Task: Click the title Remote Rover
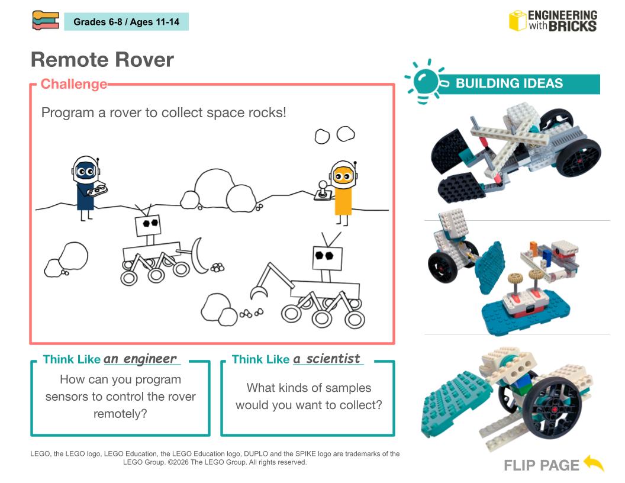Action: click(102, 60)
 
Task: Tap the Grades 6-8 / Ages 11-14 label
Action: click(126, 22)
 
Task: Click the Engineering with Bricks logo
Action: click(553, 21)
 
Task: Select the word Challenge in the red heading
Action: click(74, 84)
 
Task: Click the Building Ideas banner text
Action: click(509, 83)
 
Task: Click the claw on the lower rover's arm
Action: click(258, 292)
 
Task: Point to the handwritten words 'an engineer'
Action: click(140, 359)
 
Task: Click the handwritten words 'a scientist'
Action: click(327, 359)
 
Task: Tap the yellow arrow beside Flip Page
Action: click(594, 463)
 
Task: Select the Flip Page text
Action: click(542, 465)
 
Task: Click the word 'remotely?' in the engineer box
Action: click(120, 414)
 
